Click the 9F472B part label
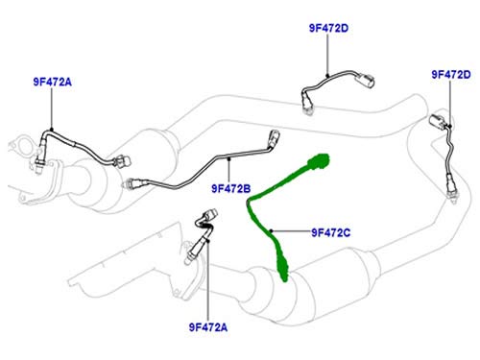(231, 188)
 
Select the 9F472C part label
(331, 232)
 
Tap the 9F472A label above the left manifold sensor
(53, 82)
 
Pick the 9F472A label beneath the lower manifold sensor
(208, 327)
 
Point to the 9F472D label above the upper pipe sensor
(328, 28)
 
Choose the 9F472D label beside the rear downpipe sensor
(451, 74)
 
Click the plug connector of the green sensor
(319, 160)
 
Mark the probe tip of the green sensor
(284, 277)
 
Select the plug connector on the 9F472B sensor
(275, 137)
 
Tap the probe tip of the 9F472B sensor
(126, 184)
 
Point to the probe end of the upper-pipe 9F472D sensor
(308, 109)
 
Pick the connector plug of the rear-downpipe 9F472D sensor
(438, 121)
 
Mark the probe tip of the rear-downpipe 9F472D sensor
(452, 198)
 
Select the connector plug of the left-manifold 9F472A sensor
(122, 161)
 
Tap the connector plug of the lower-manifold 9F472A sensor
(210, 214)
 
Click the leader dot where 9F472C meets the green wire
(271, 230)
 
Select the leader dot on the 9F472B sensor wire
(229, 158)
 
